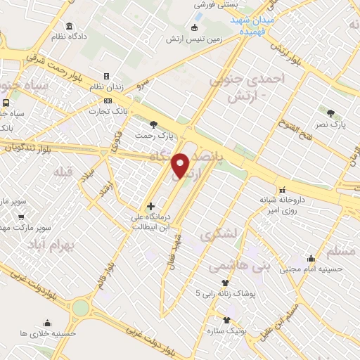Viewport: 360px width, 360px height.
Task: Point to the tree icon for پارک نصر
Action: coord(330,112)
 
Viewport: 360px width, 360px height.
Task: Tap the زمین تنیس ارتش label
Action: coord(194,39)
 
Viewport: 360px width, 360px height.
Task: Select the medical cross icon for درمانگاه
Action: coord(150,206)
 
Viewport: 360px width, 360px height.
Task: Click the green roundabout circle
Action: coord(81,307)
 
